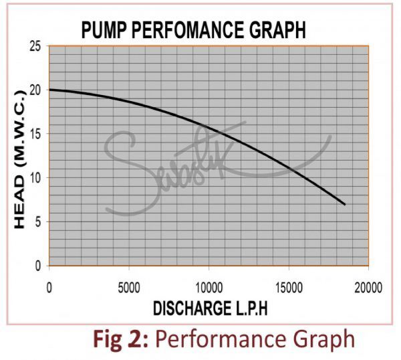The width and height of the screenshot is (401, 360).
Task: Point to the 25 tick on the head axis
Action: click(35, 46)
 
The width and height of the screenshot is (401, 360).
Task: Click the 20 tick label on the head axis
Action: click(35, 90)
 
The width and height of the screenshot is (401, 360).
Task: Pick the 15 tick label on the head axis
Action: click(35, 134)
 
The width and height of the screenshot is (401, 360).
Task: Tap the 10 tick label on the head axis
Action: click(35, 178)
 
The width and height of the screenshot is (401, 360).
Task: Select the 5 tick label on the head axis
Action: click(37, 221)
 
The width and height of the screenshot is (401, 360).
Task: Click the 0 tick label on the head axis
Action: click(37, 266)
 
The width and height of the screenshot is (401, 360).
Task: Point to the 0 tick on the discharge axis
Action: click(49, 288)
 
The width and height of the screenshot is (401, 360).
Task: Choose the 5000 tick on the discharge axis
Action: click(128, 288)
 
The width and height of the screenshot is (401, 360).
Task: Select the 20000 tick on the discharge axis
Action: click(368, 288)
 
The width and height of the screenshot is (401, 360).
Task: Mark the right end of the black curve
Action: click(344, 204)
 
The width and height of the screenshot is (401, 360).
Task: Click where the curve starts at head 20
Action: click(50, 90)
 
